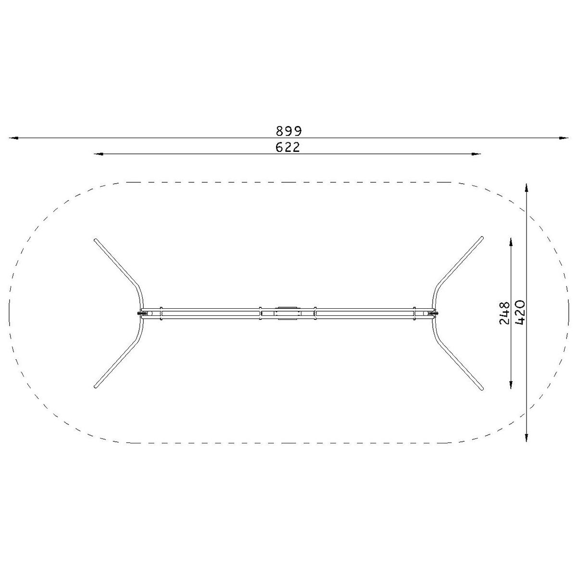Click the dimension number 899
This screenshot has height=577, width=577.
pos(288,131)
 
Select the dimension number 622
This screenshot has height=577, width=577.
pos(288,147)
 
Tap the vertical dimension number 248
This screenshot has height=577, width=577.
pos(504,313)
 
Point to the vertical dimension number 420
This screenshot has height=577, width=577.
pos(520,313)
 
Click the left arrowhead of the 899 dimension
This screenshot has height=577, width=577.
pos(14,138)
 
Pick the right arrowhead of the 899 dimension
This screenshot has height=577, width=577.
pos(564,138)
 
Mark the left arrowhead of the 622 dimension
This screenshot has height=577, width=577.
pos(99,154)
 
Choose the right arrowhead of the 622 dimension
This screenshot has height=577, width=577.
pos(477,154)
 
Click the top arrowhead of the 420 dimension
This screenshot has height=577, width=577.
pos(527,188)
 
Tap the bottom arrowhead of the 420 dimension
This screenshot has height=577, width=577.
pos(527,437)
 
